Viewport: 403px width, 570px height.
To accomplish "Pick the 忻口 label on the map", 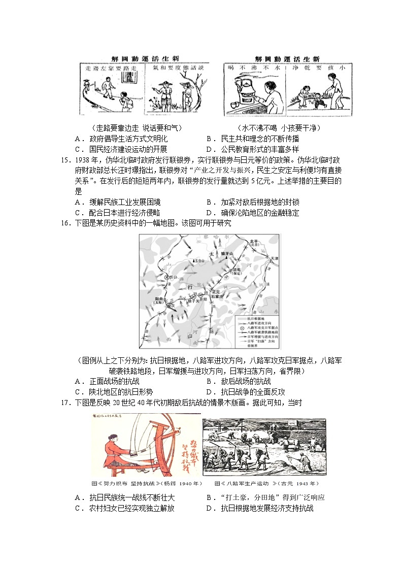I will coord(175,277).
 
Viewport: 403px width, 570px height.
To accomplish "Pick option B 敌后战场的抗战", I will coord(239,381).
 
